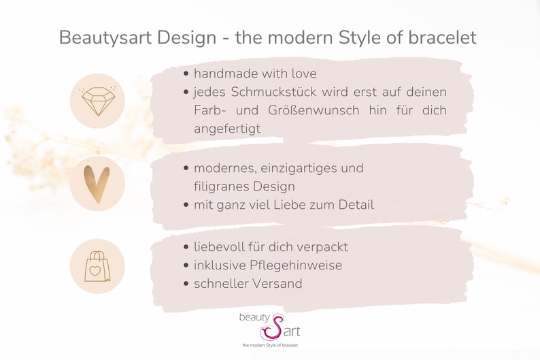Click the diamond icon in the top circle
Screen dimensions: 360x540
(x=97, y=101)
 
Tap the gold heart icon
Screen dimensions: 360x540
(x=97, y=183)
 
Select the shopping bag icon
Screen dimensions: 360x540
(x=97, y=265)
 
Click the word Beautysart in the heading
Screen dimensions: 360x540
(x=104, y=37)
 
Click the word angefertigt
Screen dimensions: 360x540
(x=227, y=129)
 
